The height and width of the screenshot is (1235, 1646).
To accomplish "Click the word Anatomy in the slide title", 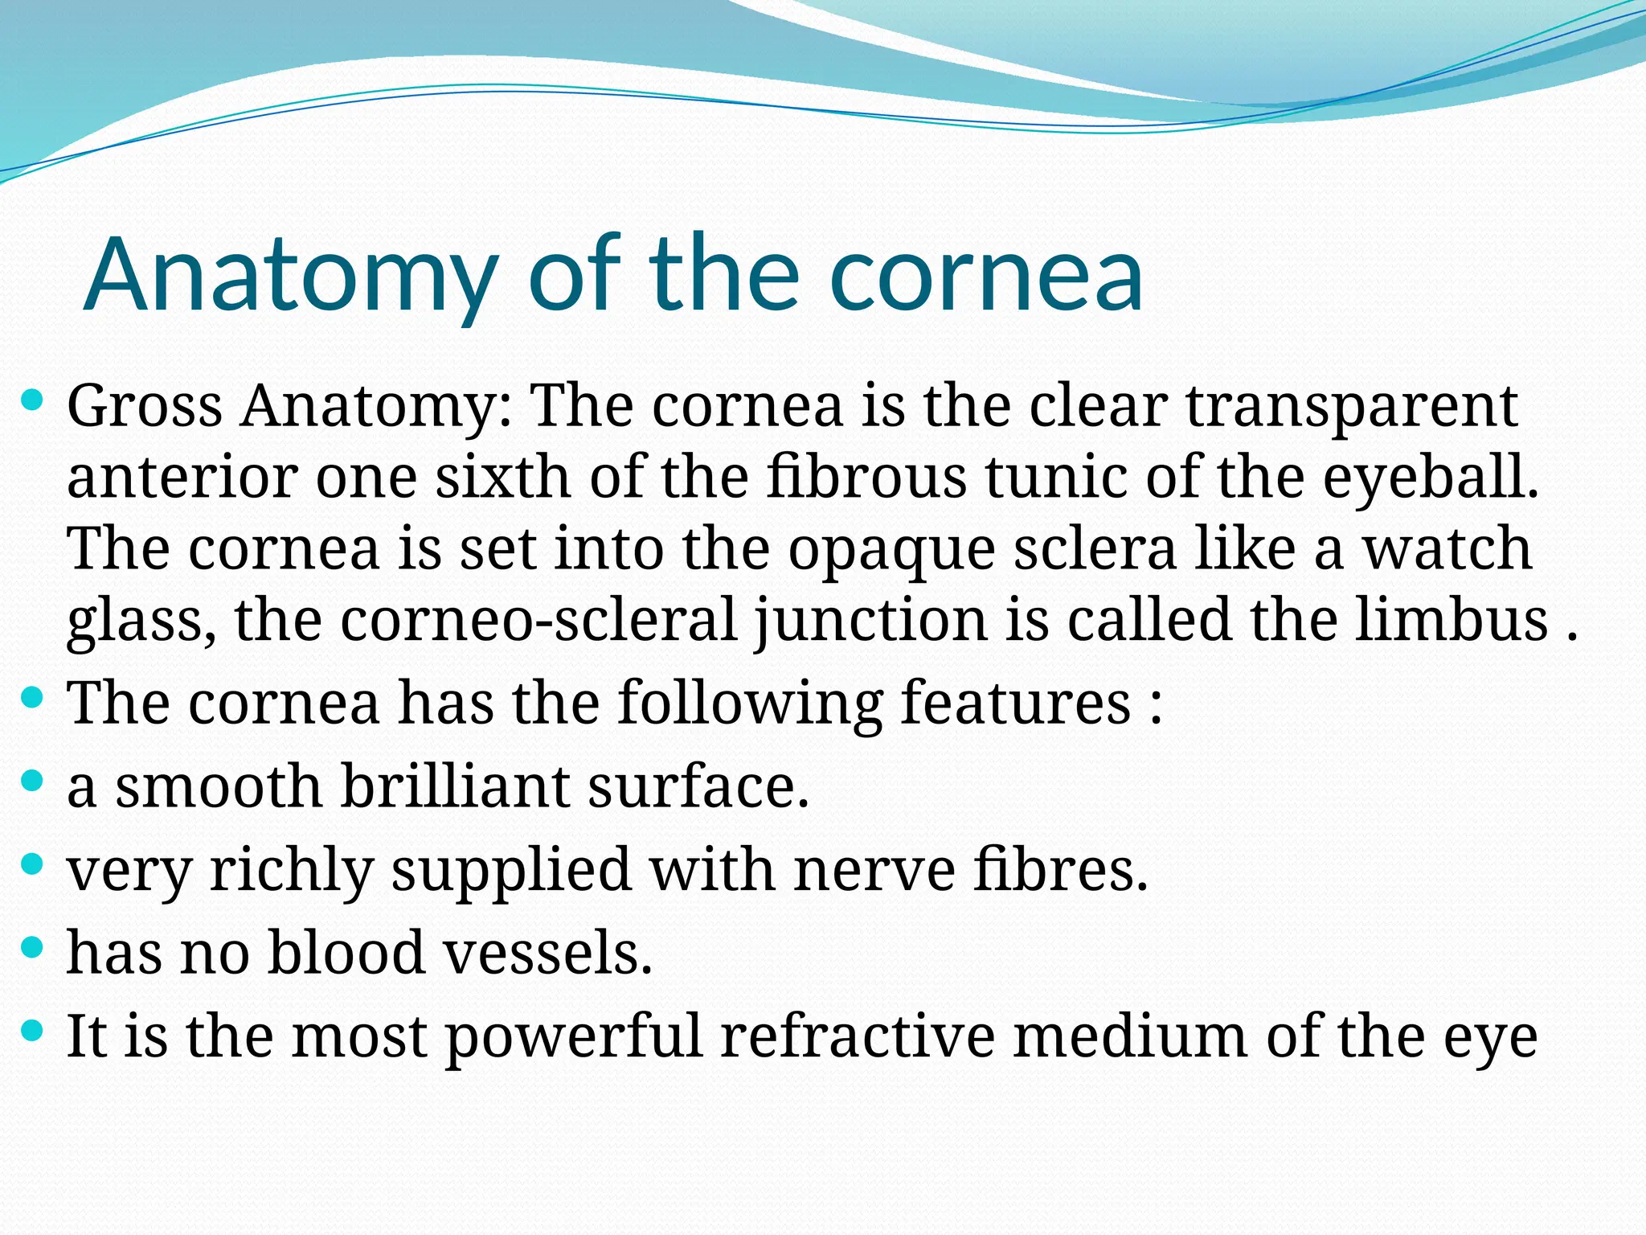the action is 291,274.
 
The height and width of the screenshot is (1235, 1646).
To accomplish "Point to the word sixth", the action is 501,477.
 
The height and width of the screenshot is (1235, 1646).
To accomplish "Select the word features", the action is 1016,702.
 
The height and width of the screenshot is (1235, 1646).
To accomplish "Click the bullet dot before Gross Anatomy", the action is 31,400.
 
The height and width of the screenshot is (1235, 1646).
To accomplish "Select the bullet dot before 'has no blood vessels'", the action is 31,946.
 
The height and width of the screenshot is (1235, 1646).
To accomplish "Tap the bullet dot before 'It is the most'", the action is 31,1030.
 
